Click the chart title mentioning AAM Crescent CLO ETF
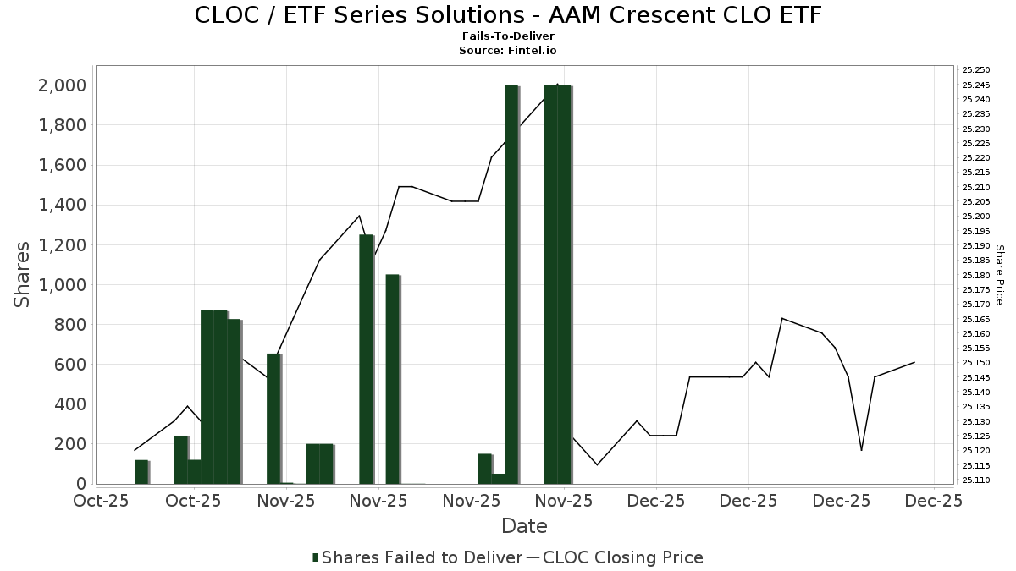(x=508, y=15)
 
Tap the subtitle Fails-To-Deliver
(x=508, y=36)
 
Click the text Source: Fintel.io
(x=508, y=50)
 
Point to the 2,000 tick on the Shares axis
(x=62, y=85)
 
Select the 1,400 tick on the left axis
(x=62, y=205)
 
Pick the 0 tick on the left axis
(x=81, y=484)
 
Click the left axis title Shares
(x=23, y=275)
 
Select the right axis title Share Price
(x=1000, y=275)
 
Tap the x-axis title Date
(x=524, y=526)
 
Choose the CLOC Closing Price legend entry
(x=622, y=557)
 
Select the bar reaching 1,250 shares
(x=366, y=360)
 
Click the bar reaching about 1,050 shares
(x=392, y=379)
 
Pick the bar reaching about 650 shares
(x=273, y=419)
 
